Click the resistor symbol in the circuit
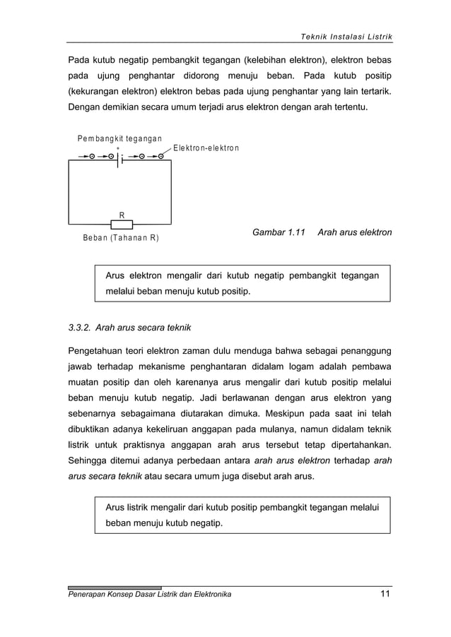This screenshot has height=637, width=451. click(122, 224)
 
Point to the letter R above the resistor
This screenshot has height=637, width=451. click(122, 214)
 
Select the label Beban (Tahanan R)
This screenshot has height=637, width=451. click(121, 238)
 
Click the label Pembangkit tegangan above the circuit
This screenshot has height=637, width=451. click(119, 138)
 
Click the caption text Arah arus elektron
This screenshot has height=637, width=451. click(355, 232)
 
